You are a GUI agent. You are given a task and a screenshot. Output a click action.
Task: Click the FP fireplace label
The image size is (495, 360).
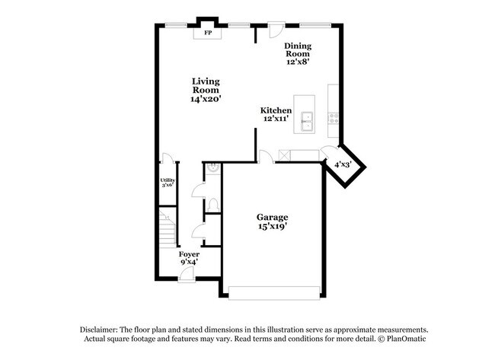[x=207, y=33]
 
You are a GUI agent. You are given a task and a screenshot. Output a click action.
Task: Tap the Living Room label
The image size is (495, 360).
[x=206, y=85]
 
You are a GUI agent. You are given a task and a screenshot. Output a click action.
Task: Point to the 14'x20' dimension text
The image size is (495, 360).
[x=206, y=99]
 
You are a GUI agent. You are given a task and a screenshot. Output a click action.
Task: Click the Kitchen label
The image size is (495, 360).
[x=276, y=110]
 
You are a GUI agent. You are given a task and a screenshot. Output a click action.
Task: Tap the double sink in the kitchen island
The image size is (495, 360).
[x=306, y=119]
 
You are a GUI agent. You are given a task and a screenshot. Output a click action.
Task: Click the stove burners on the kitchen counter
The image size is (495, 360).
[x=333, y=117]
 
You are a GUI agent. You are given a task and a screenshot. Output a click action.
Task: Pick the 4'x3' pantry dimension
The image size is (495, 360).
[x=343, y=164]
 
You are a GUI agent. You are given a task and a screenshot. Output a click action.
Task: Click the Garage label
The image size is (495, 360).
[x=271, y=217]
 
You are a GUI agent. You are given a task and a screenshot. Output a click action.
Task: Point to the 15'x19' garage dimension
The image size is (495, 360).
[x=271, y=227]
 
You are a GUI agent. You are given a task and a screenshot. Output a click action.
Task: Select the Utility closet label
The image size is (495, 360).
[x=168, y=180]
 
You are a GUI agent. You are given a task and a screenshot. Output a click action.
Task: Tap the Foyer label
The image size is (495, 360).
[x=189, y=253]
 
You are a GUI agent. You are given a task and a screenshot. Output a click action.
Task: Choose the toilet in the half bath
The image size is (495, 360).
[x=213, y=205]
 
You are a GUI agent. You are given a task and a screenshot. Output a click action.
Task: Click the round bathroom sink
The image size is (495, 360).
[x=214, y=167]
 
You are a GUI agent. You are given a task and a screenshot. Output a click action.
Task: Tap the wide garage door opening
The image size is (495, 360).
[x=273, y=292]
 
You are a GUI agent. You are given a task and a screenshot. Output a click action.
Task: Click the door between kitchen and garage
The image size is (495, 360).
[x=265, y=157]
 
